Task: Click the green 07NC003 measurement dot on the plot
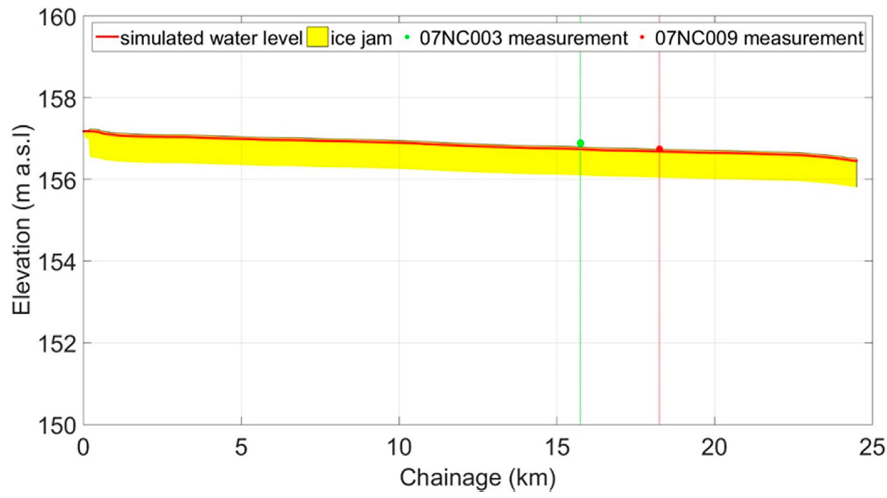click(x=581, y=143)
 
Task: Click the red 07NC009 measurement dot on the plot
click(x=660, y=149)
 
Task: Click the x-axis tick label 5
click(x=241, y=448)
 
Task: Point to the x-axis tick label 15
click(x=557, y=448)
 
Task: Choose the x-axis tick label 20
click(x=715, y=448)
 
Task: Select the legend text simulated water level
click(x=211, y=38)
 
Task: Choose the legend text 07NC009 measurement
click(x=759, y=38)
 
